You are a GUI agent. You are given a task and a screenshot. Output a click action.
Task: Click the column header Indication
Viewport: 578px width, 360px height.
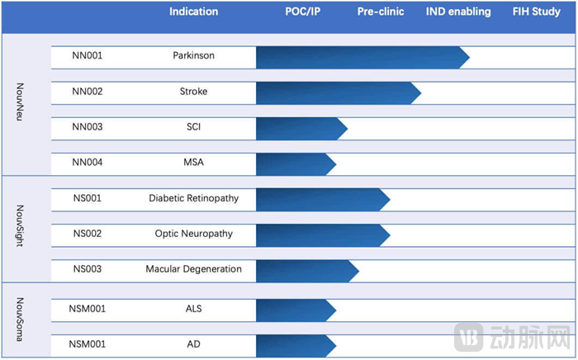coord(193,12)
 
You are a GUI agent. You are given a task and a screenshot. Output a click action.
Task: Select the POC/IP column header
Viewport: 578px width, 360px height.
coord(302,12)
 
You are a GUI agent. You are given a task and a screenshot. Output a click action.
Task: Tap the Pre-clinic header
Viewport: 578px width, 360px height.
coord(380,12)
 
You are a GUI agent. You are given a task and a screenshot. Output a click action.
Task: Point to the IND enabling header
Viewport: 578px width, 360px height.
coord(458,12)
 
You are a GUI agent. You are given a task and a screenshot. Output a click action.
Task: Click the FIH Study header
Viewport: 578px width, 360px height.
coord(537,12)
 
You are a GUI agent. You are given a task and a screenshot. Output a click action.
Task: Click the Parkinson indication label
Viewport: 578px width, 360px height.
coord(194,56)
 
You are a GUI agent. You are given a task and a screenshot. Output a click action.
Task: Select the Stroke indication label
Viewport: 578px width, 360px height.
coord(194,92)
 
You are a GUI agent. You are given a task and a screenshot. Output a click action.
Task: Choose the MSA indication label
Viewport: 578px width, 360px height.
coord(194,162)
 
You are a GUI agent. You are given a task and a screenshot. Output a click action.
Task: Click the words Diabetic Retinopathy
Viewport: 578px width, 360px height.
coord(194,198)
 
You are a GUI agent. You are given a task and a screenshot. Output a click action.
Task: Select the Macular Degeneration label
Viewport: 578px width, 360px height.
coord(194,269)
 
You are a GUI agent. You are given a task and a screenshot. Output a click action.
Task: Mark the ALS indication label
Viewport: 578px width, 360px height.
coord(194,310)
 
